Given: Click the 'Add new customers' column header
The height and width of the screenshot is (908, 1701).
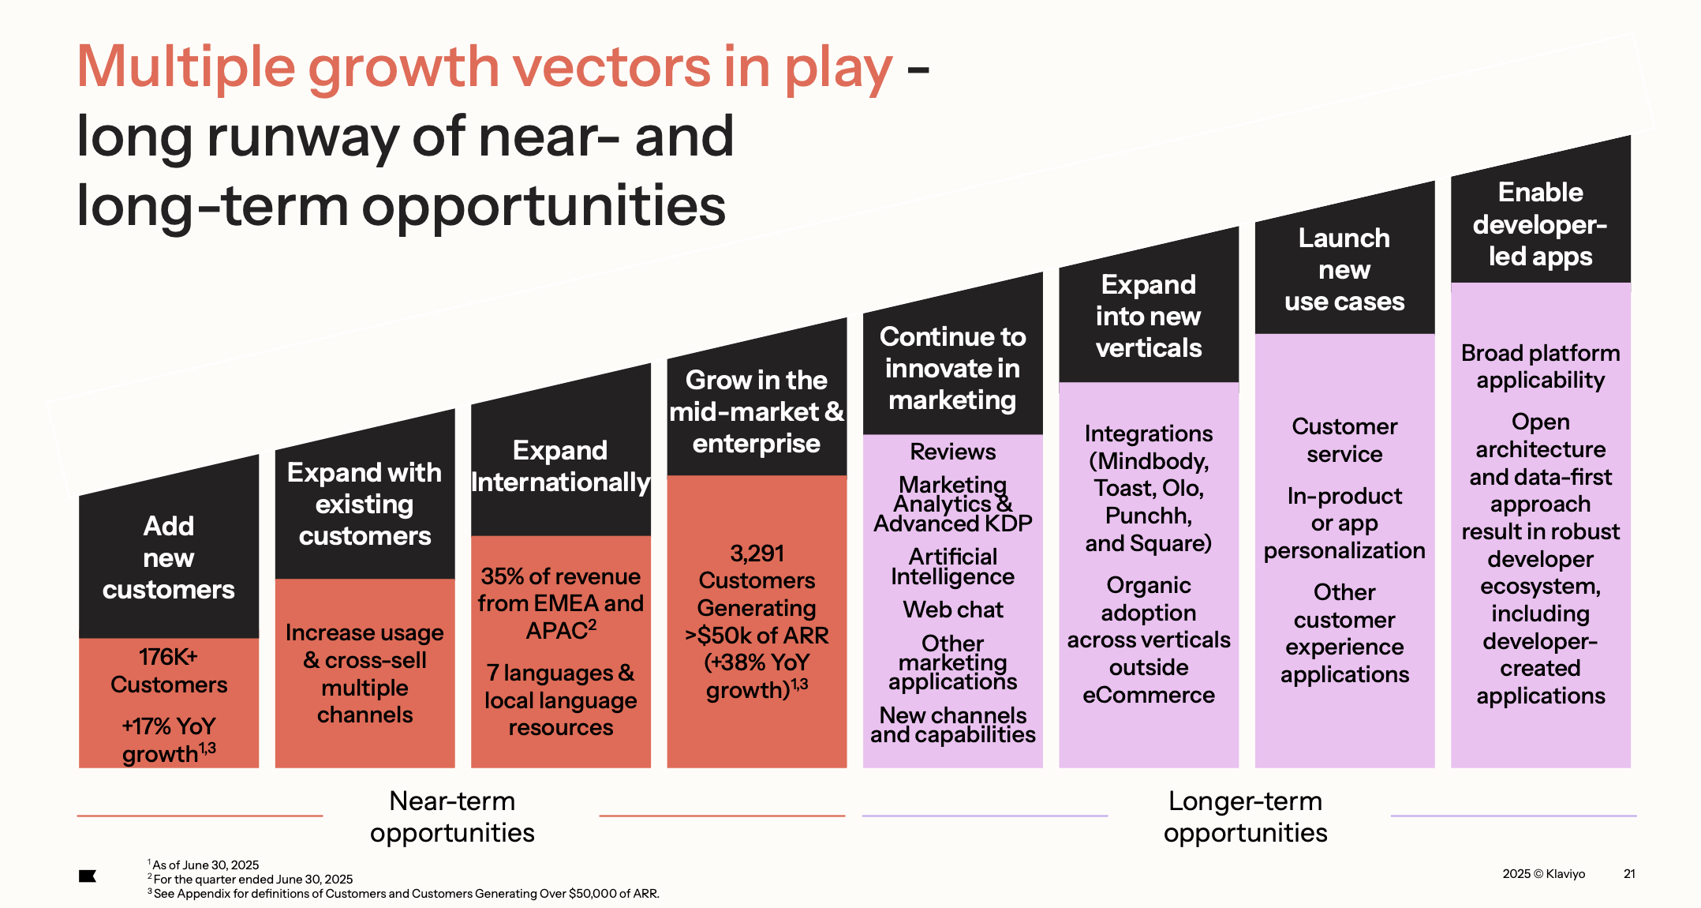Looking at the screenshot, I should [x=168, y=557].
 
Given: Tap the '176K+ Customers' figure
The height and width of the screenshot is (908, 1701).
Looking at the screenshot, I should [x=168, y=670].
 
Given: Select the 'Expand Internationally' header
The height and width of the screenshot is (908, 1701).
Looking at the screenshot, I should [x=560, y=466].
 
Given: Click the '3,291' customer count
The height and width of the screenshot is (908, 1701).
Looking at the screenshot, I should [x=757, y=553].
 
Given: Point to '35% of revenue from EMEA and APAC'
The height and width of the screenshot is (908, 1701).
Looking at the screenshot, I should [x=560, y=603].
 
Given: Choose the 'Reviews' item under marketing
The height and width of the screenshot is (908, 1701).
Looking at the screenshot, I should [x=952, y=452].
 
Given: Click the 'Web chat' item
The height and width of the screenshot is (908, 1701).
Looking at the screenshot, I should [x=952, y=610].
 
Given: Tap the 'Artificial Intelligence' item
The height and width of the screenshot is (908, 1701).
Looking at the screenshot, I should [x=952, y=567].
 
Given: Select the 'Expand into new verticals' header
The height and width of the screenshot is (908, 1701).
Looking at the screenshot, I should [x=1148, y=316].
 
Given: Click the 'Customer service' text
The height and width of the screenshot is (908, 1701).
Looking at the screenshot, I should [x=1344, y=440].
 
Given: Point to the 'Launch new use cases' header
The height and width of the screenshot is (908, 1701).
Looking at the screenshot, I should [x=1344, y=269].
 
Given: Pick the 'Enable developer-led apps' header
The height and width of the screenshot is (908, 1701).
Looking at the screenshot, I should [x=1539, y=224].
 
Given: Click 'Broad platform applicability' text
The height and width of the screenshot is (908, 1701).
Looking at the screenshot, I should [x=1539, y=366].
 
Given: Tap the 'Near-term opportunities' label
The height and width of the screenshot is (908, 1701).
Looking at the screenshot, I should [x=452, y=816].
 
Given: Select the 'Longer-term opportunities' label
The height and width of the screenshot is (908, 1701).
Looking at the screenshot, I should [x=1245, y=816].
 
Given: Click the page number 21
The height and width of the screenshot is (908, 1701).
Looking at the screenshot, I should [x=1628, y=873].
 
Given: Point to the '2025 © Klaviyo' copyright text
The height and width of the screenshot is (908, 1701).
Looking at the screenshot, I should [x=1543, y=873].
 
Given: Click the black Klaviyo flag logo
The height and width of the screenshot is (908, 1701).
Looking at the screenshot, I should [x=88, y=876].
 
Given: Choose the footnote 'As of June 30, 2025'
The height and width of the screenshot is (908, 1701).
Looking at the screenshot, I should [x=205, y=865].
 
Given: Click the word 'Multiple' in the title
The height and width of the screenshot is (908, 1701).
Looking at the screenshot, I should [x=186, y=67].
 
